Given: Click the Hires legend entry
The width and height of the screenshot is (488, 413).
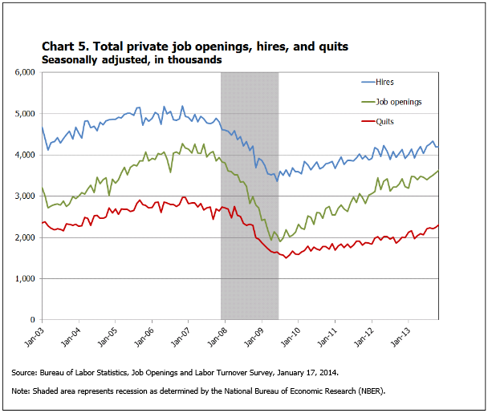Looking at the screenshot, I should (x=383, y=81).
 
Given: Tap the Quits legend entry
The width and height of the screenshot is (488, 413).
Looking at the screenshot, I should (x=384, y=122).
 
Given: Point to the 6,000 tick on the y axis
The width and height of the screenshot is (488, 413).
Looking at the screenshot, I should (x=24, y=72).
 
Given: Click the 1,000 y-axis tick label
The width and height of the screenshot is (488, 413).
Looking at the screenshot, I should (x=24, y=278).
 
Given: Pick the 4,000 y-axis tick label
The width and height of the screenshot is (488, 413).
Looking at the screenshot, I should (x=24, y=155).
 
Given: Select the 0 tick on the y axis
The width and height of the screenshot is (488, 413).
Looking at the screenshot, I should (x=33, y=320).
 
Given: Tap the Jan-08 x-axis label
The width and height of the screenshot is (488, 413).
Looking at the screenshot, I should (x=215, y=336).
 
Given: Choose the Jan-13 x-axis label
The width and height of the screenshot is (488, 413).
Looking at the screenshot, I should (x=396, y=336).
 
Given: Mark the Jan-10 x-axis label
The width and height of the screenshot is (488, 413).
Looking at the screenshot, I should (x=288, y=336).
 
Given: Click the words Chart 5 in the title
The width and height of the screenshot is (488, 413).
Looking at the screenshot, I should (x=67, y=46).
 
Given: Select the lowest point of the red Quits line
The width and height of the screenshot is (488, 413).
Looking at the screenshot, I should (x=286, y=257).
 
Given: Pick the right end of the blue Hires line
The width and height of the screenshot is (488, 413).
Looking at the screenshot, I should (x=438, y=147).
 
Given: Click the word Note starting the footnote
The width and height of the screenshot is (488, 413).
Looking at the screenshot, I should (x=22, y=391).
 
